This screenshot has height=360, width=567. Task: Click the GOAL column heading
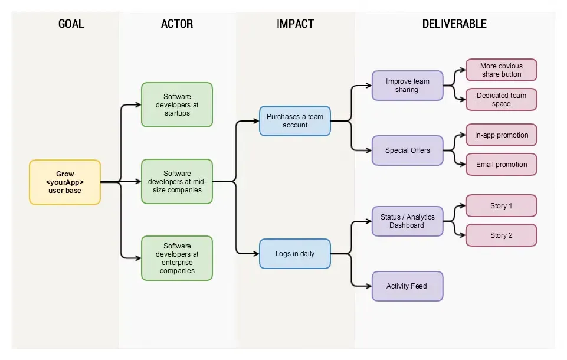click(71, 24)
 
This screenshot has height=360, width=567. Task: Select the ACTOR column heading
click(177, 24)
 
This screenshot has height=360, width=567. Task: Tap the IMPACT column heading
click(295, 24)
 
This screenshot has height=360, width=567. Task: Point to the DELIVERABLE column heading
click(454, 24)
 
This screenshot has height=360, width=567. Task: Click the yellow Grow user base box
click(65, 182)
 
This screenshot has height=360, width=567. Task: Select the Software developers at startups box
click(177, 105)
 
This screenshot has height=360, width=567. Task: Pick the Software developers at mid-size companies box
click(177, 182)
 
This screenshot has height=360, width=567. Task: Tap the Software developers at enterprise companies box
click(177, 258)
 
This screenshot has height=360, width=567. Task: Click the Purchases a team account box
click(295, 121)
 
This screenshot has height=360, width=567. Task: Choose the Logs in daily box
click(295, 254)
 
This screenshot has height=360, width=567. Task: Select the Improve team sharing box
click(407, 86)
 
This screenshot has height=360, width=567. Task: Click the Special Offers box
click(407, 150)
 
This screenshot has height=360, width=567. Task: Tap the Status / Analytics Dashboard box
click(407, 221)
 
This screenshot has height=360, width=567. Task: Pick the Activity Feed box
click(407, 286)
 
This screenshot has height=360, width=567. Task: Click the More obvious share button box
click(502, 70)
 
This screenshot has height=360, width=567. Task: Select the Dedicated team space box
click(502, 100)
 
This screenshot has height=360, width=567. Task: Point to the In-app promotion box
click(502, 135)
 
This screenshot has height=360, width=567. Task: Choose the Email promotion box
click(502, 165)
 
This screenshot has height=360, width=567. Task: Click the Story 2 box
click(502, 235)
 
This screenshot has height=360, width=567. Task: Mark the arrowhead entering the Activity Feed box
click(369, 286)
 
